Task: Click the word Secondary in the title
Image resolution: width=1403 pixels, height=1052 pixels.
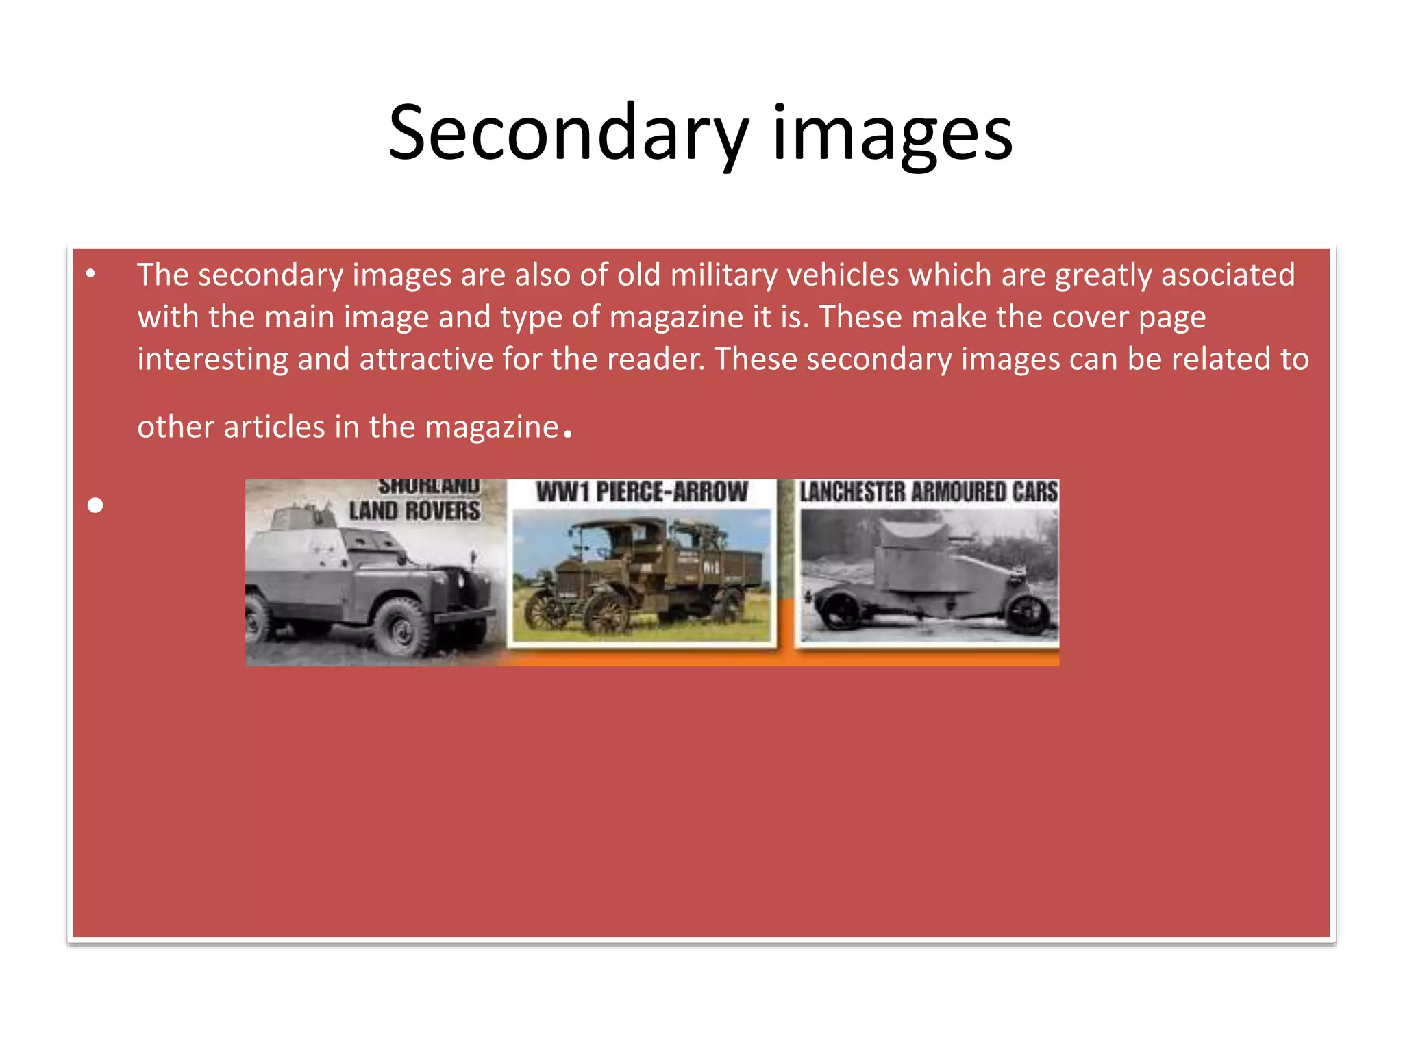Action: (569, 134)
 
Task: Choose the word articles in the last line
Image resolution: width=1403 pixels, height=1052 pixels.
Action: (274, 427)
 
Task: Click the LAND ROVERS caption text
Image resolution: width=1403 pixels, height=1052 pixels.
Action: (414, 510)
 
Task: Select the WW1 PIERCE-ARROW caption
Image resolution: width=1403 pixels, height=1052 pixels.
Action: (642, 492)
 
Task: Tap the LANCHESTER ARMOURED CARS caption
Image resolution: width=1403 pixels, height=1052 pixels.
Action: (928, 492)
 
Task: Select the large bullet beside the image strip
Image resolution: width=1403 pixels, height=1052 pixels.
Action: (95, 505)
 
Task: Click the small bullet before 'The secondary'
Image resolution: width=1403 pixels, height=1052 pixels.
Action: (90, 275)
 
